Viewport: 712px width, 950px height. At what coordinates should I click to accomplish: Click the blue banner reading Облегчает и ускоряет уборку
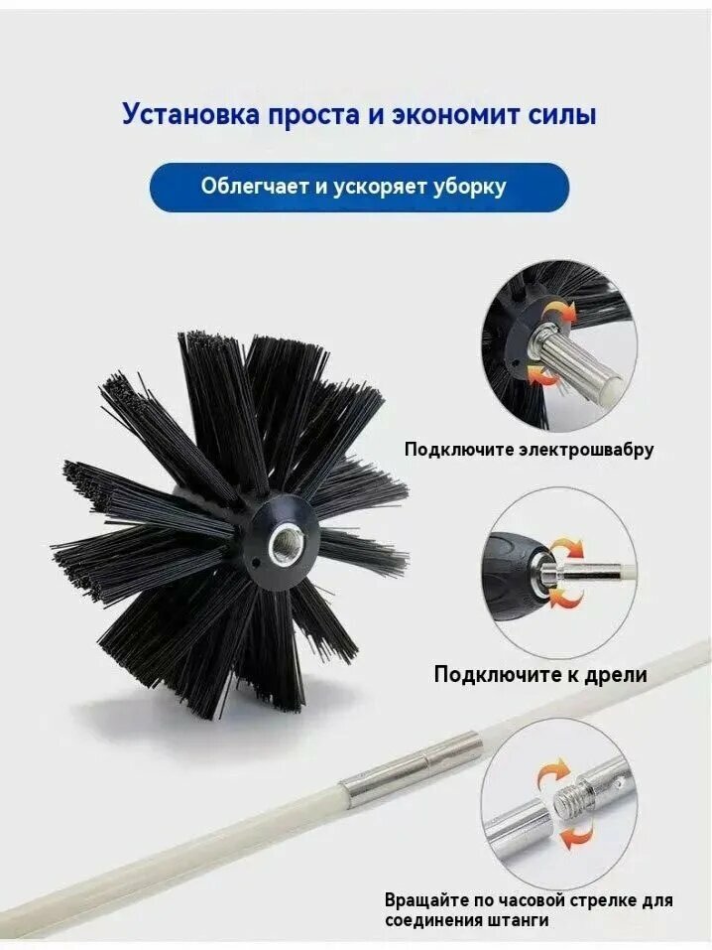[x=359, y=187]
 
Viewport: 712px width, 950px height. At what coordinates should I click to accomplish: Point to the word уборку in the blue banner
[x=467, y=187]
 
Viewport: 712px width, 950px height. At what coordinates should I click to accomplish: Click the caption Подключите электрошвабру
[x=529, y=450]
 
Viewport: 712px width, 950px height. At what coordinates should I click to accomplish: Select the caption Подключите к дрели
[x=539, y=675]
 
